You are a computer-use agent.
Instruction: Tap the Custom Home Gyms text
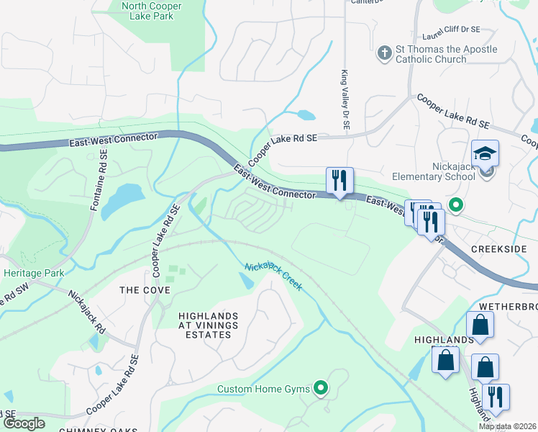click(x=264, y=390)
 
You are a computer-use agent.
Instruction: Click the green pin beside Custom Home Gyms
click(x=322, y=390)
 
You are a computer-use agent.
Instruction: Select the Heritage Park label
click(x=33, y=273)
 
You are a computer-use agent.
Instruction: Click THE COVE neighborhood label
click(x=145, y=290)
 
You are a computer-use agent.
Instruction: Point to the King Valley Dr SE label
click(x=346, y=100)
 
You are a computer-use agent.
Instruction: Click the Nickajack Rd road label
click(x=87, y=311)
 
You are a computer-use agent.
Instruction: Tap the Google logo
click(x=24, y=423)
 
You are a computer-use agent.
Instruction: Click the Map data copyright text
click(x=507, y=426)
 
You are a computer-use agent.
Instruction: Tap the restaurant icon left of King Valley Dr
click(x=339, y=181)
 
